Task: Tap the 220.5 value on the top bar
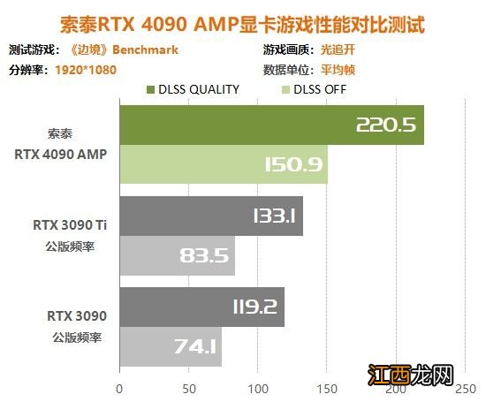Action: coord(385,125)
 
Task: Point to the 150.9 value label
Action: coord(292,165)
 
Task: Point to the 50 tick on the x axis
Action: coord(188,387)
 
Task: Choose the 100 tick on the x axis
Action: coord(258,387)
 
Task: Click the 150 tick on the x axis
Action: coord(327,387)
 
